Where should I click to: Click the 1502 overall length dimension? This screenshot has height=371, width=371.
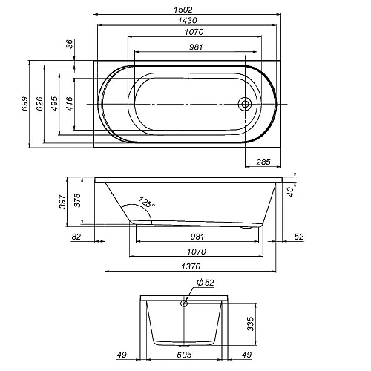coord(183,10)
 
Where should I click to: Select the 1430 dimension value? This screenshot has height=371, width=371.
coord(188,20)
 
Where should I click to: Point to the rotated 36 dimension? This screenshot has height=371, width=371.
coord(70,44)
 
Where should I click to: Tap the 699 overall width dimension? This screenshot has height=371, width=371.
coord(24,104)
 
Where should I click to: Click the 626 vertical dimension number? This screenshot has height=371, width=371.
coord(39,104)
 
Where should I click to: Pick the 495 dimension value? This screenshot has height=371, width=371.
coord(54,104)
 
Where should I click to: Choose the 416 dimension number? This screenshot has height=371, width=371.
coord(70,104)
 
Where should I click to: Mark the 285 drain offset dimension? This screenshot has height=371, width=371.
coord(263,162)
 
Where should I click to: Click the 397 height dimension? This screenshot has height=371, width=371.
coord(62,202)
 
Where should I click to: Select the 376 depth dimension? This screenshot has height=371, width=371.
coord(77,200)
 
